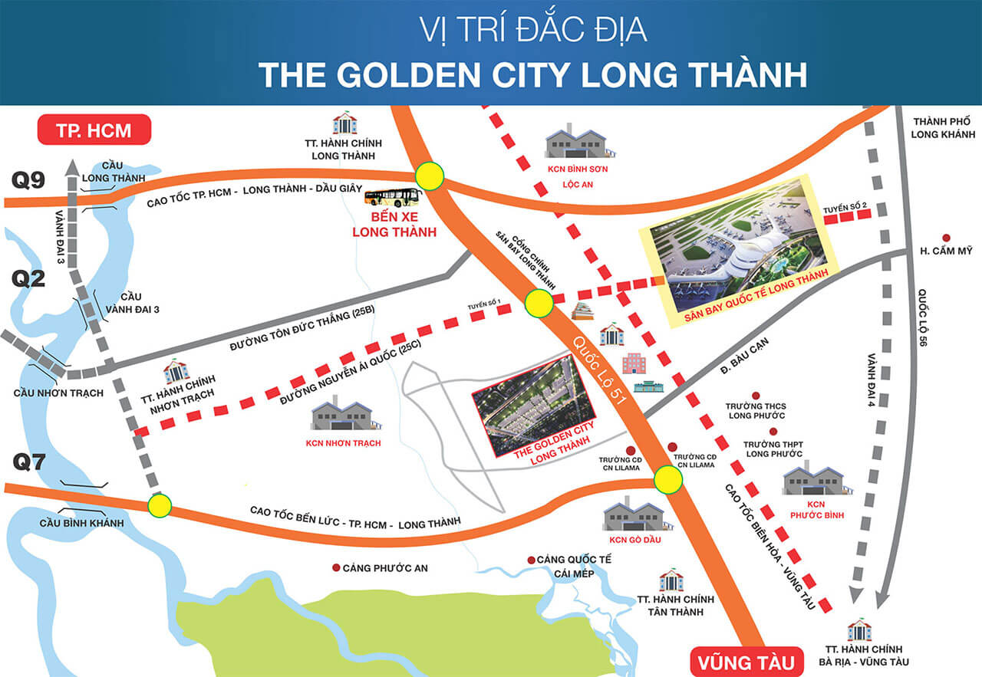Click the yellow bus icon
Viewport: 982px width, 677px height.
coord(392,198)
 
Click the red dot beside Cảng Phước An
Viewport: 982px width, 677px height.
coord(336,568)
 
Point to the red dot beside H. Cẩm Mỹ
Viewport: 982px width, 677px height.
coord(947,238)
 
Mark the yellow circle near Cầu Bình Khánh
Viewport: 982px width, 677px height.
coord(160,505)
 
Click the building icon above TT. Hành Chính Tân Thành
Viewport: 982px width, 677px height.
coord(671,580)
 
